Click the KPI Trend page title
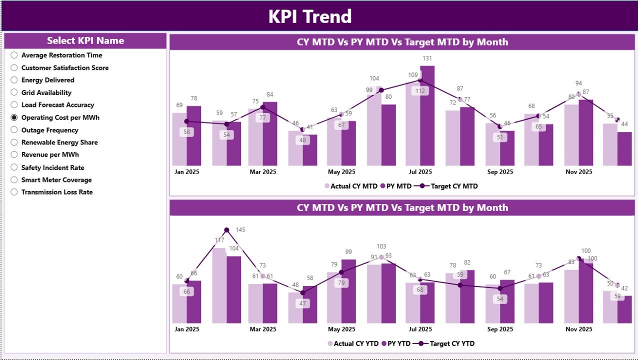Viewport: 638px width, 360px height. pos(310,16)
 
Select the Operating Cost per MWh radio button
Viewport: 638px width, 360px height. pos(14,117)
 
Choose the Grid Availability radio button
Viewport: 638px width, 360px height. pos(14,92)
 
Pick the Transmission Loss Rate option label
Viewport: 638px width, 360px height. pos(56,192)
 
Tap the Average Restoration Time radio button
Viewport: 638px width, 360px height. pos(14,55)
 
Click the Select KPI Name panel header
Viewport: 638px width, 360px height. pos(85,41)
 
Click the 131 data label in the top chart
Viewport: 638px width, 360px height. pos(427,58)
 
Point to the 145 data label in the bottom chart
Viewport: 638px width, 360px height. pos(240,230)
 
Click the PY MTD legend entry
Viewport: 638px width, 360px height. pos(395,186)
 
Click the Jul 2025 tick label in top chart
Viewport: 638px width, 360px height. pos(420,172)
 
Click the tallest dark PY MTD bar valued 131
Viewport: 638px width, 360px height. pos(427,117)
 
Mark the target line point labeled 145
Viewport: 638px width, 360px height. pos(226,230)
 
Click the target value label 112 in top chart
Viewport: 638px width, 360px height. pos(420,90)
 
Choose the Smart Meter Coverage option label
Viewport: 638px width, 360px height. pos(56,180)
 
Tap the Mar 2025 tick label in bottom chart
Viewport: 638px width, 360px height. pos(262,329)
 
